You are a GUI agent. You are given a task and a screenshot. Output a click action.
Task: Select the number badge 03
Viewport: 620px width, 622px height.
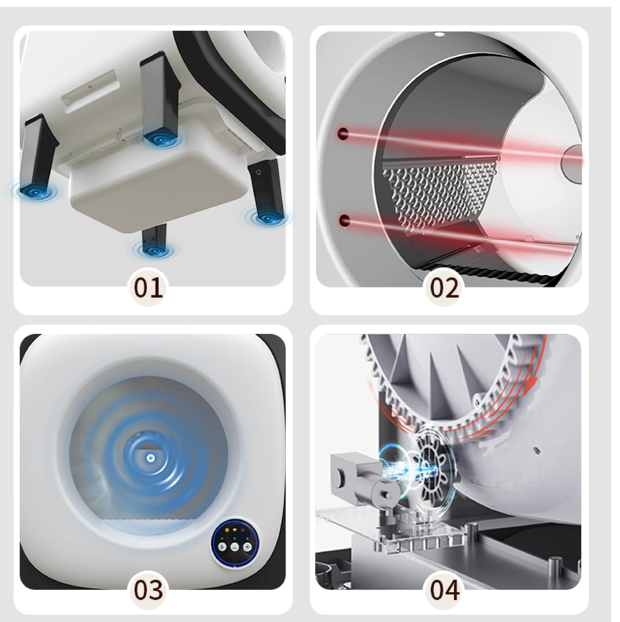(x=148, y=589)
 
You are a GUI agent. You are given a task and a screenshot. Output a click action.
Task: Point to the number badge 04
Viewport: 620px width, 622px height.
(x=445, y=589)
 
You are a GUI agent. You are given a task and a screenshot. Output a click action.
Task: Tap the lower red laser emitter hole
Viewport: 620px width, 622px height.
(x=345, y=221)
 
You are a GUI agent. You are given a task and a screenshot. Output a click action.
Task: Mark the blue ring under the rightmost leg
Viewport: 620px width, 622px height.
(x=267, y=218)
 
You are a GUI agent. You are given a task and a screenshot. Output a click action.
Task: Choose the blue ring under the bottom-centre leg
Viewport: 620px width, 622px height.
(x=154, y=250)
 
